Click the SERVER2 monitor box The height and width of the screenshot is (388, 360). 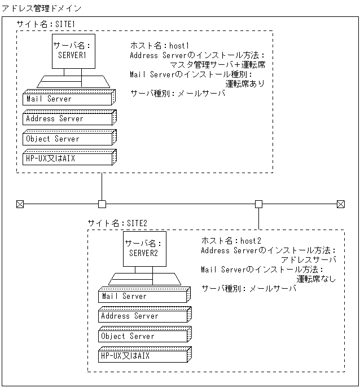144,248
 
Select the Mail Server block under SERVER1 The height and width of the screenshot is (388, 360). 68,99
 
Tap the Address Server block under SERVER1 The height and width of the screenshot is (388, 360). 68,119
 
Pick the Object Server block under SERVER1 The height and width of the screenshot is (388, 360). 68,139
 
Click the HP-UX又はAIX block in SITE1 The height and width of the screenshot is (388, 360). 68,158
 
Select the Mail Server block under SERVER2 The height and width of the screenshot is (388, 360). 143,297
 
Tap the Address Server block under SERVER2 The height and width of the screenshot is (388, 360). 143,316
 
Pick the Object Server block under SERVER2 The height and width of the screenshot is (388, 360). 143,336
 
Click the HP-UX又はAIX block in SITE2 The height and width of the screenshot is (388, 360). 143,356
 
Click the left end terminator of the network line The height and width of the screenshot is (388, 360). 20,204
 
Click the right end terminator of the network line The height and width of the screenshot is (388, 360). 340,204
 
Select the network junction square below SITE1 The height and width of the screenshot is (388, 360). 102,204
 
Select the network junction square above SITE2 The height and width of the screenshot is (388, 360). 258,204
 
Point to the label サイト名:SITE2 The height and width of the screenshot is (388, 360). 117,223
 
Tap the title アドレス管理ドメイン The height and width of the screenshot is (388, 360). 41,8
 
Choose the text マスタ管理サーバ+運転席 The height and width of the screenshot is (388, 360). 217,65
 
